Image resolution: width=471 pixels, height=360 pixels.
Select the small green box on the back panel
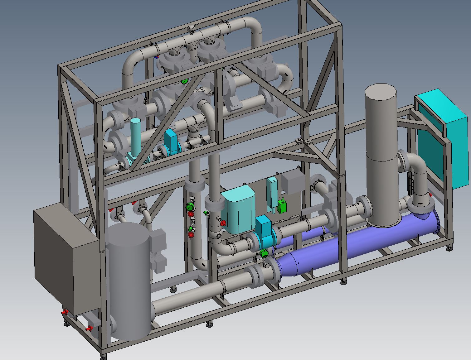point(282,206)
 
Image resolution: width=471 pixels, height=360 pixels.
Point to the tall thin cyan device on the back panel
point(272,191)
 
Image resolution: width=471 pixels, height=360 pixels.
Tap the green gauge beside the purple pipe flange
point(263,253)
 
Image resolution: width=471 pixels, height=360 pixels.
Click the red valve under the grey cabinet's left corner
point(65,312)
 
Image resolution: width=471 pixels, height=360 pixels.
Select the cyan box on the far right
point(443,137)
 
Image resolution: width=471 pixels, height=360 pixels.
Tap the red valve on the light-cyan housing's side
point(223,223)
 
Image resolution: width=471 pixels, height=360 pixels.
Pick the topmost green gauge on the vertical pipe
point(189,207)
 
